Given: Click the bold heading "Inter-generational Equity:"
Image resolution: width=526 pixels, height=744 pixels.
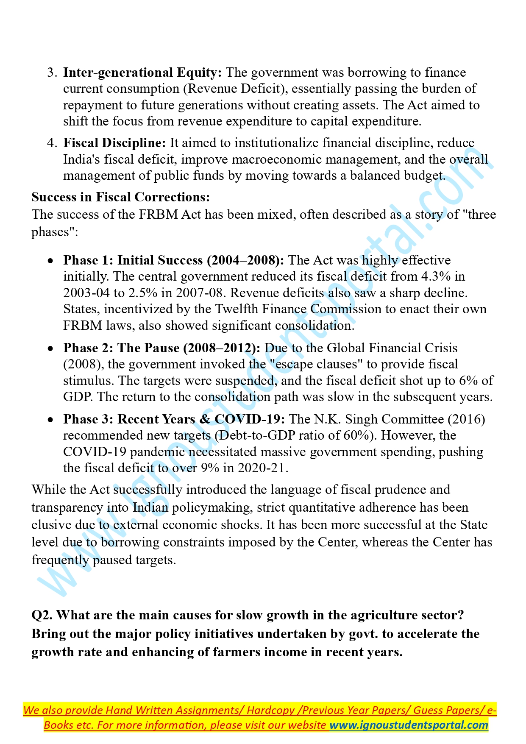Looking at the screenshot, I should click(142, 72).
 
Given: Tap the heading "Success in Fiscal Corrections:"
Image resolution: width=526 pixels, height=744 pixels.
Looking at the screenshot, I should click(120, 197).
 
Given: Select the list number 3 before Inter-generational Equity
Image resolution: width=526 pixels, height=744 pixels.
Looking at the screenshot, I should click(52, 72).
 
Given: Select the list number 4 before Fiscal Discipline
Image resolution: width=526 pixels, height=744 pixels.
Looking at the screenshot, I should click(52, 143).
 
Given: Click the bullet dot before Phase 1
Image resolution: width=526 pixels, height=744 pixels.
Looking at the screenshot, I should click(51, 261).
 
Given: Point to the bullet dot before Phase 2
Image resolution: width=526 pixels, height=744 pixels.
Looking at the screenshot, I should click(51, 348).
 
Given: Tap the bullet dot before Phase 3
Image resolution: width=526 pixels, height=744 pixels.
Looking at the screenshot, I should click(51, 420).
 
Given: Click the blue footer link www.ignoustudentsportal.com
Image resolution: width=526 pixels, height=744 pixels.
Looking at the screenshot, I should click(409, 725).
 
